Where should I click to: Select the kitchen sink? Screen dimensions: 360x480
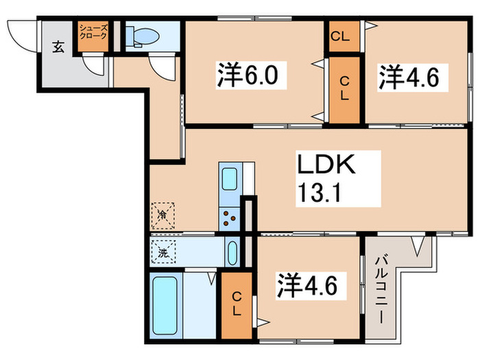click(229, 180)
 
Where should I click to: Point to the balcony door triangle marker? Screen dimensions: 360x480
click(415, 245)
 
